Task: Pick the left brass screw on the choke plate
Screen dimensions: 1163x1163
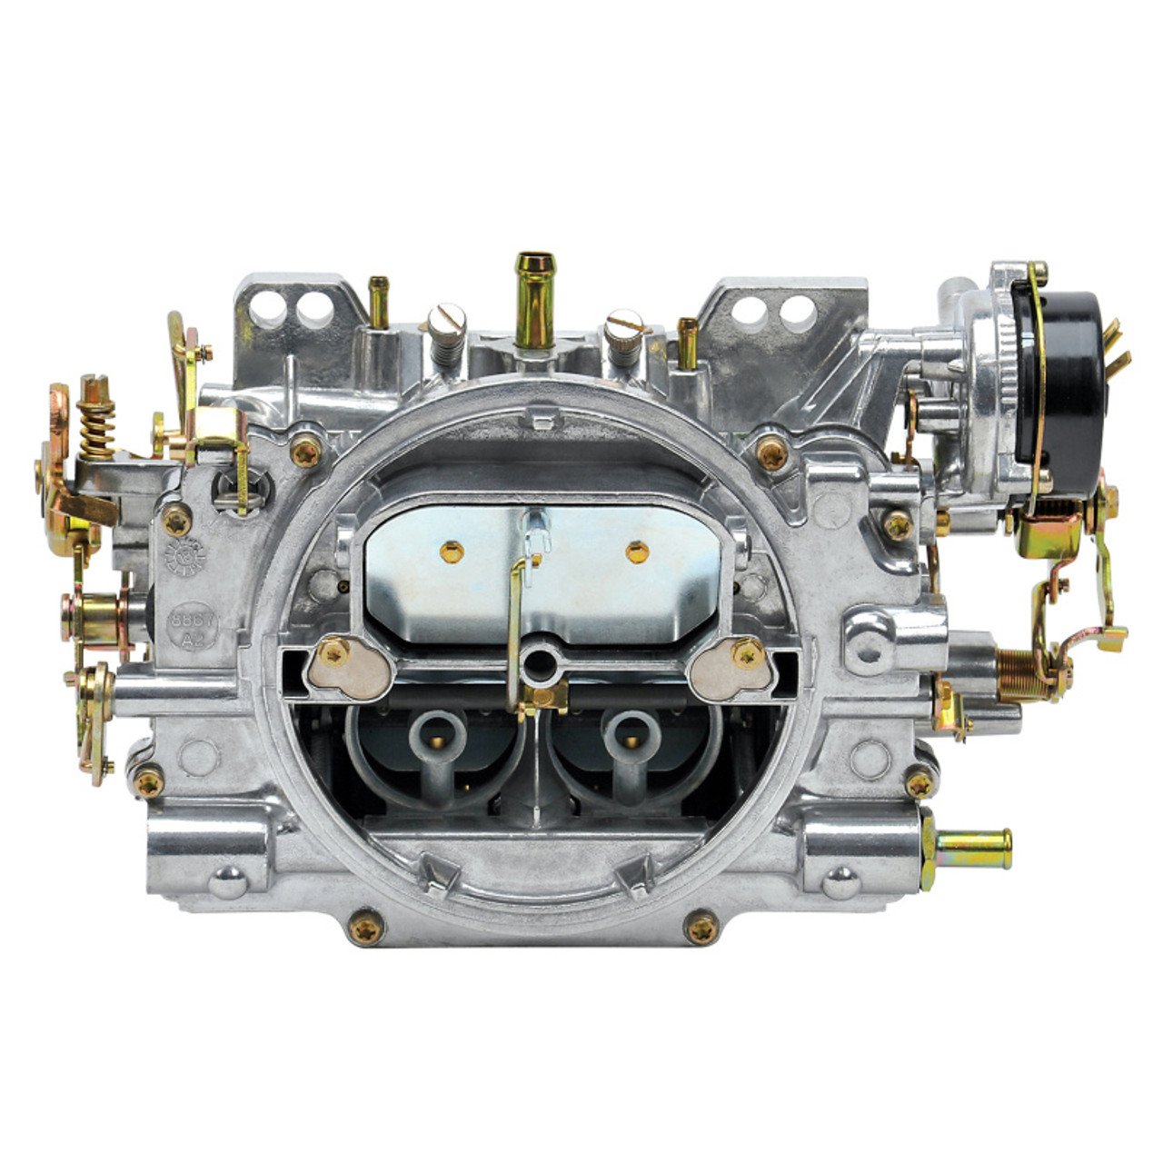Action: click(452, 550)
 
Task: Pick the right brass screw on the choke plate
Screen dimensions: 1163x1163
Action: click(638, 551)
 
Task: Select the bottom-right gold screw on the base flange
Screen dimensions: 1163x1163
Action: click(701, 927)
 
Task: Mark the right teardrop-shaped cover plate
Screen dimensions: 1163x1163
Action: click(733, 666)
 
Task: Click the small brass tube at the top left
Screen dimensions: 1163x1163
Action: click(379, 302)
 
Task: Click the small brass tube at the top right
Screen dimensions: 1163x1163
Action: click(688, 343)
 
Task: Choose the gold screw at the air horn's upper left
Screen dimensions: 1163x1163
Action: click(305, 452)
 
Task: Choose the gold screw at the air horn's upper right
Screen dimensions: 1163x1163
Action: click(772, 452)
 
